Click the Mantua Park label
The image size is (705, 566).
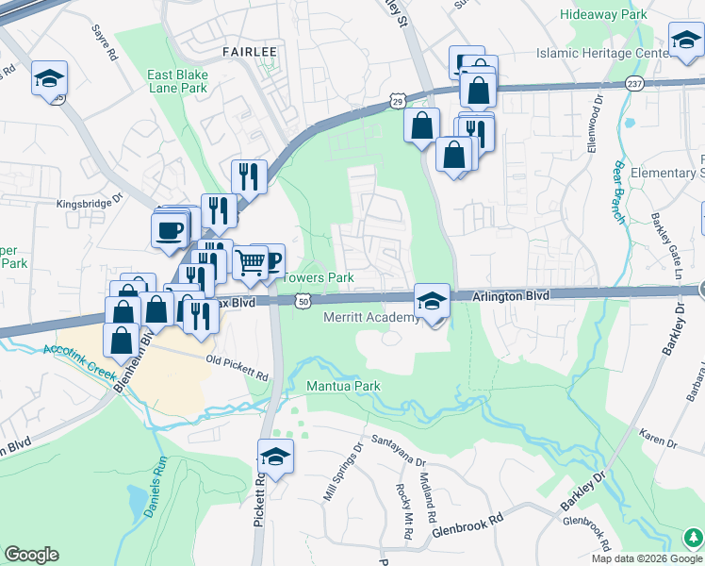pos(343,386)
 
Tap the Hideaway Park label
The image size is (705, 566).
pos(603,15)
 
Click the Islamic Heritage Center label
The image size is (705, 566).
pos(602,54)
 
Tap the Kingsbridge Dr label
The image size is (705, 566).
pos(90,200)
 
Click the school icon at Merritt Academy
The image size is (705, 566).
pos(432,302)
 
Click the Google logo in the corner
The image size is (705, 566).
pos(32,555)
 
